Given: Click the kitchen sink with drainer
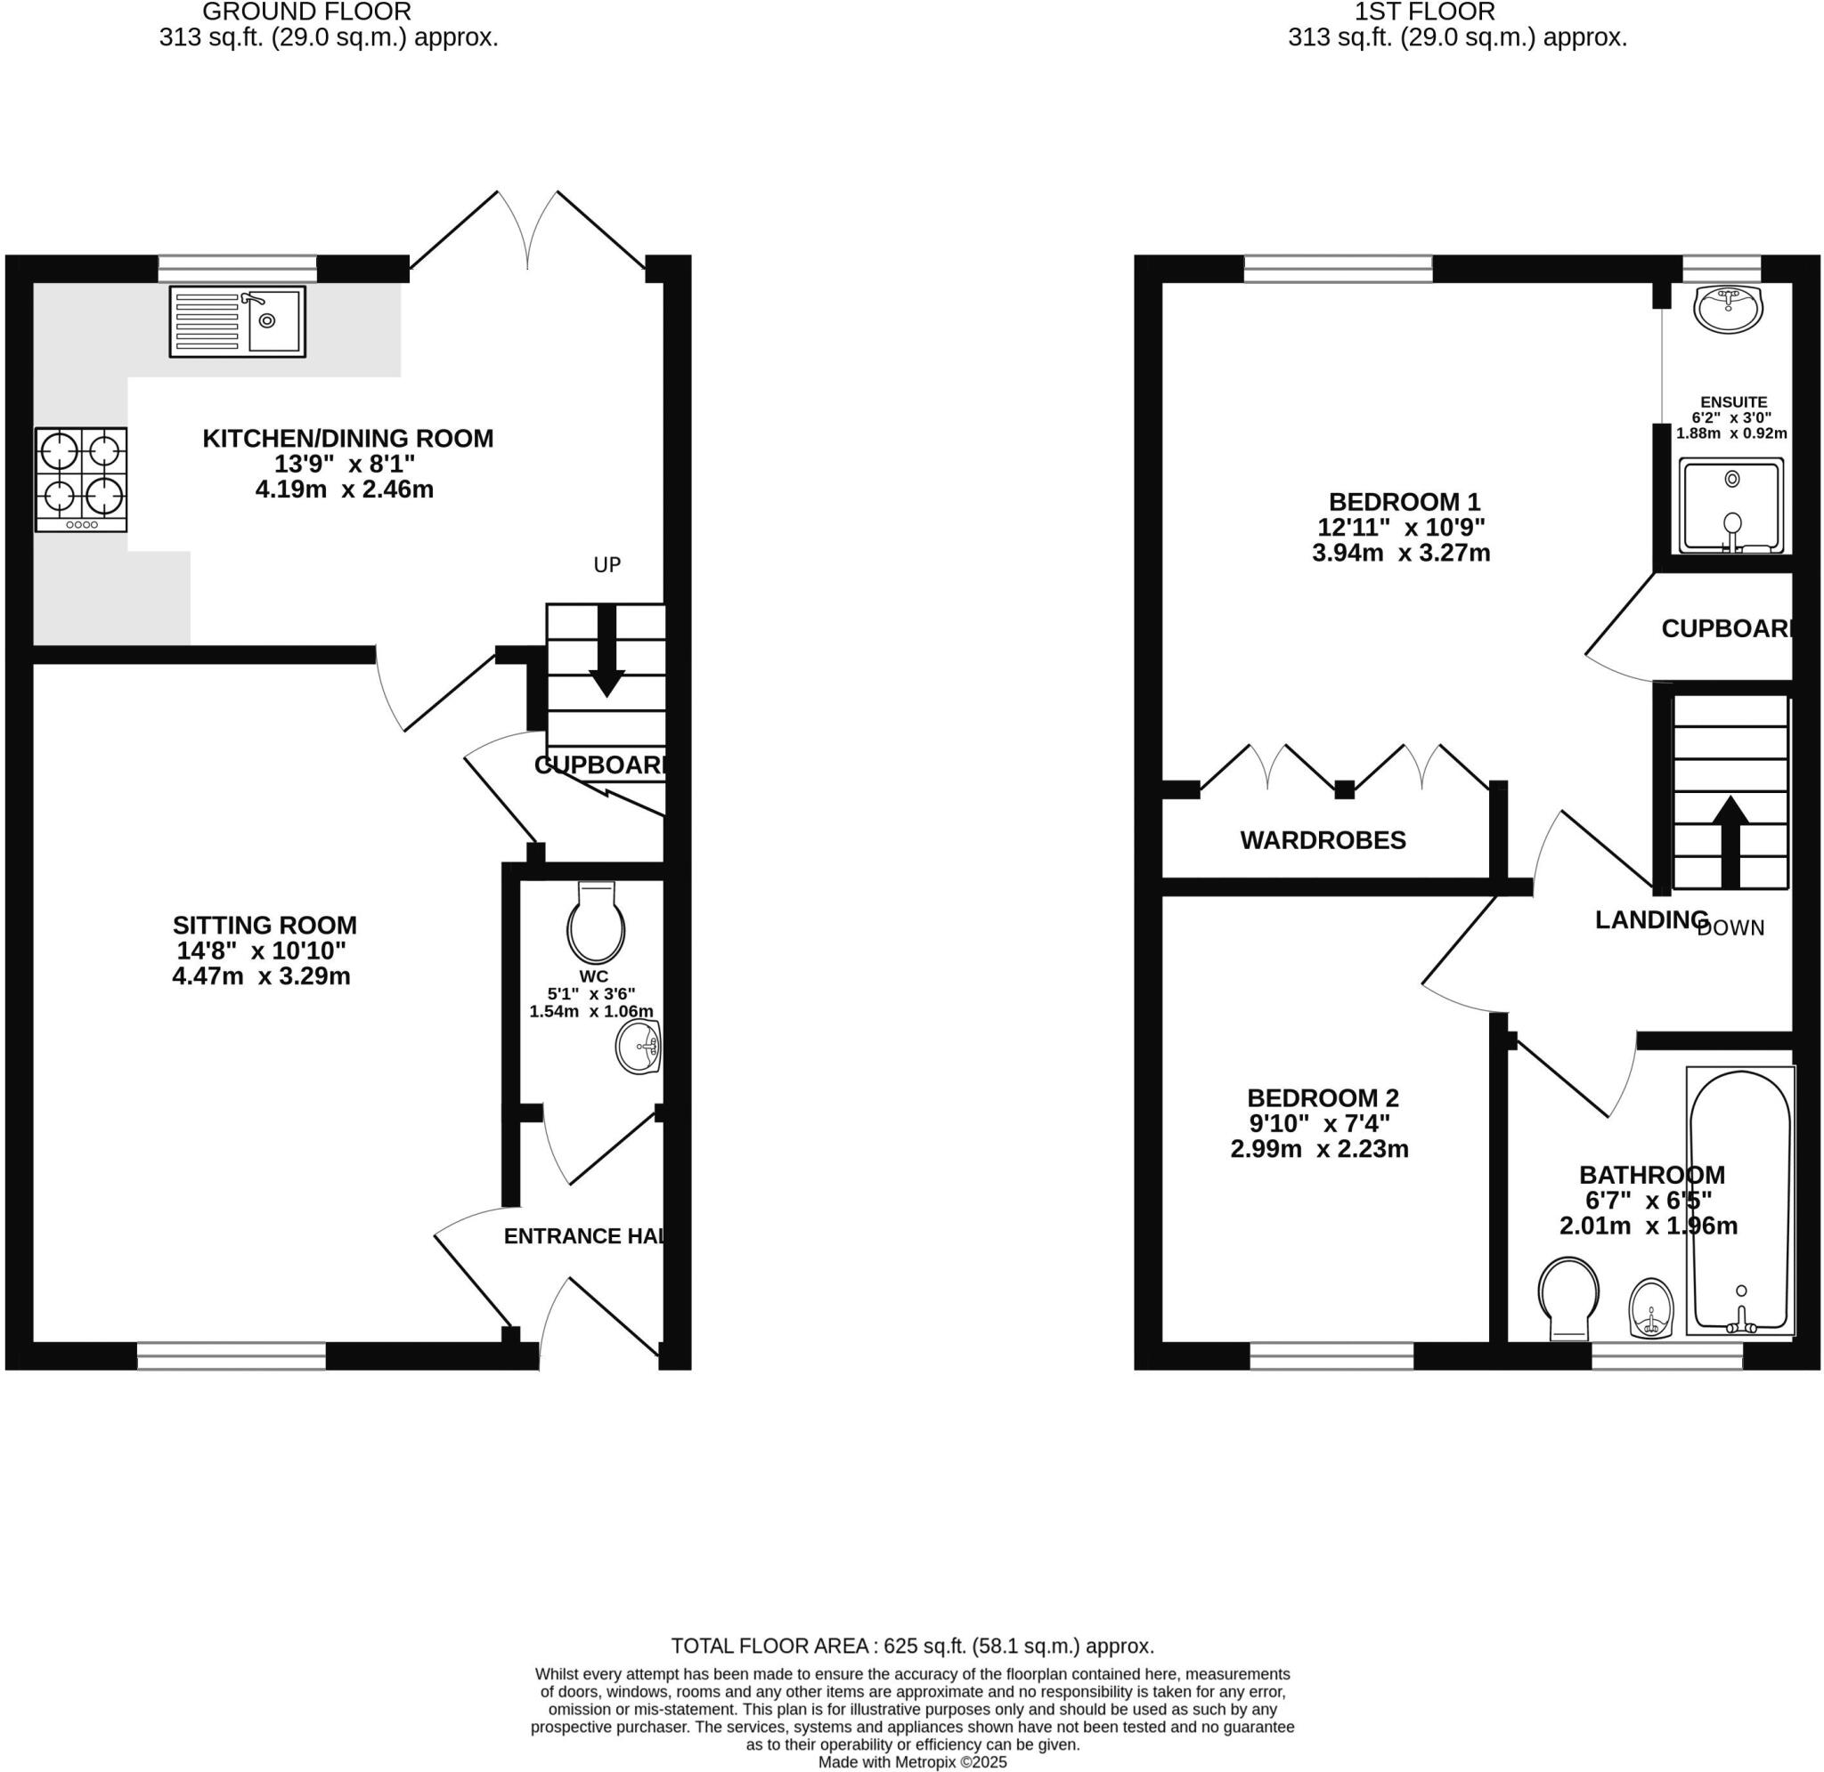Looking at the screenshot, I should click(x=237, y=321).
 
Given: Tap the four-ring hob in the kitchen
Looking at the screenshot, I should click(x=81, y=480).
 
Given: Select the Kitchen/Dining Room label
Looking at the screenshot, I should click(x=347, y=439).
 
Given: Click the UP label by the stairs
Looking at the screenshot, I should click(x=607, y=565).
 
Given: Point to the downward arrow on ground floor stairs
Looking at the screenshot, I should click(x=607, y=651).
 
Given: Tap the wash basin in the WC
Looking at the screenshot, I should click(x=639, y=1047).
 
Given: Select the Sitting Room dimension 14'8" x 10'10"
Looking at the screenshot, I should click(x=261, y=951).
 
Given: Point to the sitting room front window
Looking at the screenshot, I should click(x=231, y=1355).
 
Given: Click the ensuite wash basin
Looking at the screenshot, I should click(x=1727, y=308).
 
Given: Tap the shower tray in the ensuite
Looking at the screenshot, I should click(x=1730, y=506).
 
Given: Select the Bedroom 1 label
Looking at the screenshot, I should click(x=1403, y=503).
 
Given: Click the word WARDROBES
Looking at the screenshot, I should click(x=1323, y=840).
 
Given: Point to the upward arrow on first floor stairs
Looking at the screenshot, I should click(x=1730, y=838).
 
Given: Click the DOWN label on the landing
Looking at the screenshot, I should click(x=1730, y=929).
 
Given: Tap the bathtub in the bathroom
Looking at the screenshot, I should click(x=1739, y=1201).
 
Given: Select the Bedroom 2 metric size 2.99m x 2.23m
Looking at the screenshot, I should click(x=1318, y=1149).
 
